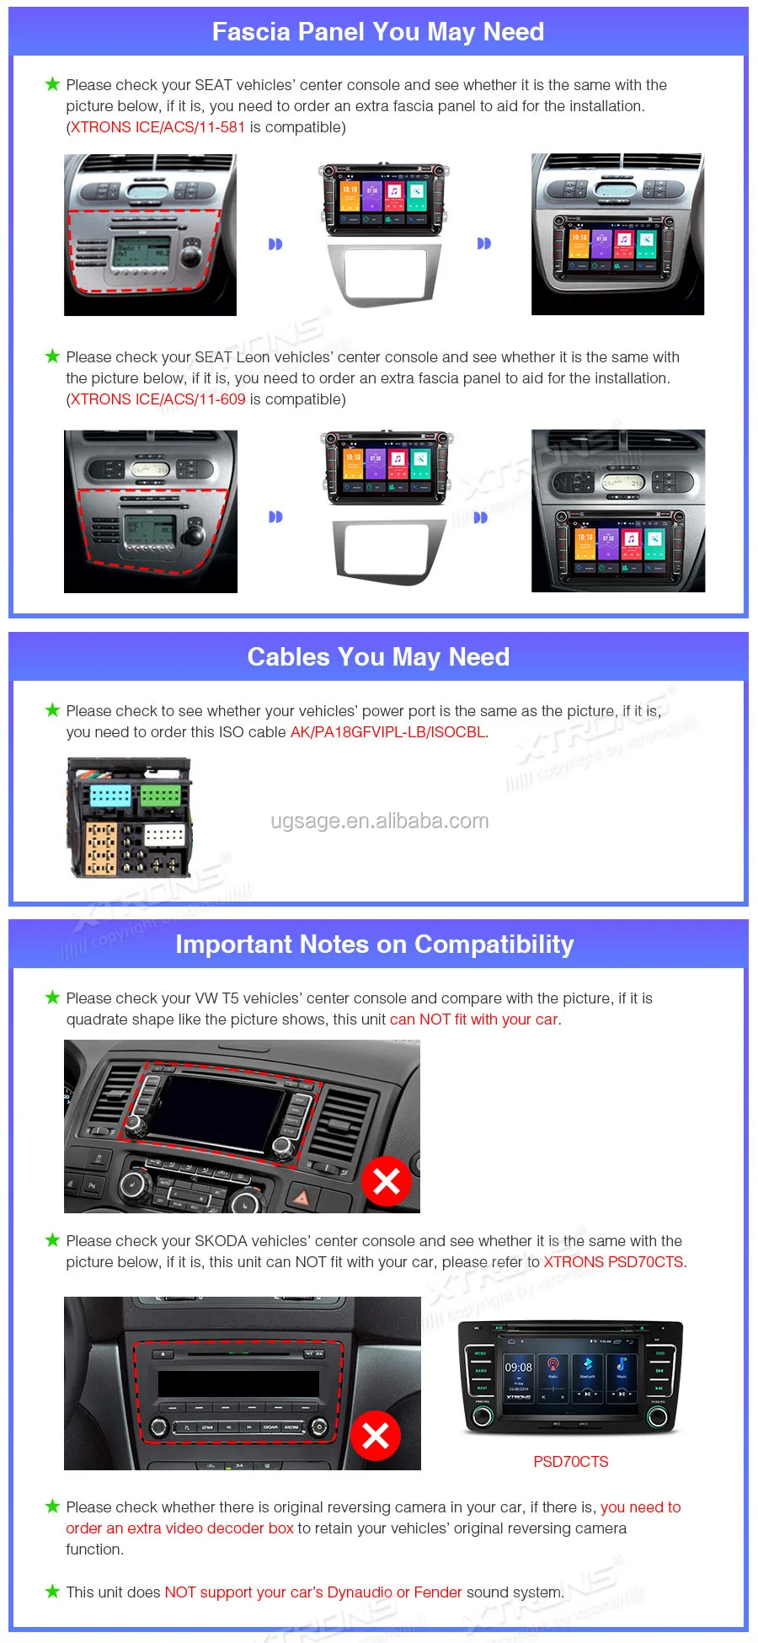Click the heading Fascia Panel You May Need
[x=378, y=32]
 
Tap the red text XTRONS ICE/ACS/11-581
[x=157, y=127]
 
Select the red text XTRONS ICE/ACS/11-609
[x=158, y=399]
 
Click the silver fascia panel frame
[x=383, y=275]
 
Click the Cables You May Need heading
[x=378, y=657]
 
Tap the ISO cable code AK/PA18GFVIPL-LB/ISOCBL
[x=388, y=732]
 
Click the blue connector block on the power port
[x=110, y=795]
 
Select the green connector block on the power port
[x=160, y=795]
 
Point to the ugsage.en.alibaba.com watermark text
[x=380, y=821]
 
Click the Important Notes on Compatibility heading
[x=375, y=945]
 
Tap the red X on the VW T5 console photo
[x=387, y=1182]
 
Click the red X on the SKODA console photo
[x=376, y=1436]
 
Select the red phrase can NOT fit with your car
[x=474, y=1020]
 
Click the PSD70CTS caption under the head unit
[x=571, y=1462]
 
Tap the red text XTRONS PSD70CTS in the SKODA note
[x=613, y=1262]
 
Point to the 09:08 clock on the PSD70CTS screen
[x=518, y=1367]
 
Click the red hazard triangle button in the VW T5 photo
[x=301, y=1196]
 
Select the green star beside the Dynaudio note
[x=52, y=1592]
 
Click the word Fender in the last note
[x=438, y=1592]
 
